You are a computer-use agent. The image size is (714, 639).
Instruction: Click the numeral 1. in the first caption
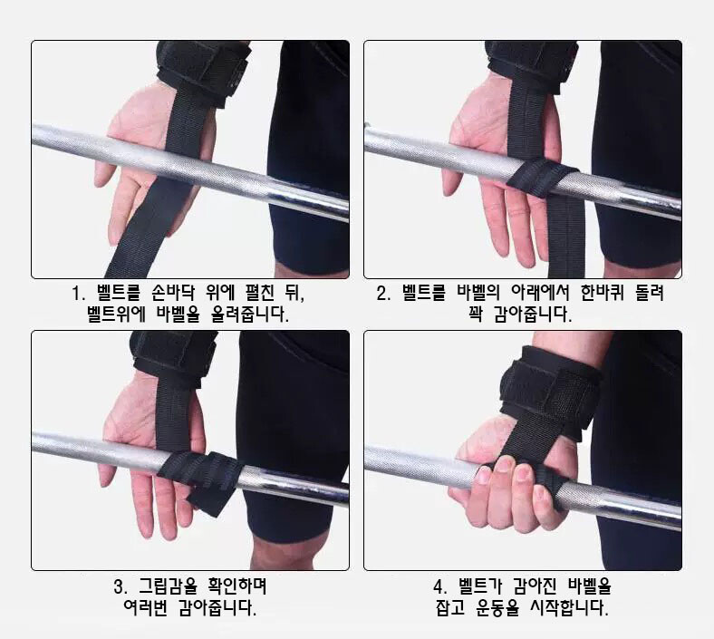79,294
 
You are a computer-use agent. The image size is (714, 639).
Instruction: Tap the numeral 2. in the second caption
383,294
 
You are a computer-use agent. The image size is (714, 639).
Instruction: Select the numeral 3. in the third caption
121,586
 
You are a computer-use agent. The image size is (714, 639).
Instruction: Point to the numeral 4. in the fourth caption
440,586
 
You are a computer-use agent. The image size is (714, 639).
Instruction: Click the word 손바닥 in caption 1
173,293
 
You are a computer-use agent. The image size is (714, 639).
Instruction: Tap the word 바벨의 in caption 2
478,293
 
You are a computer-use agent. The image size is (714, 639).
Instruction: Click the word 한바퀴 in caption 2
603,293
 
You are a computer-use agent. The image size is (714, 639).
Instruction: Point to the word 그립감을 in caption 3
168,586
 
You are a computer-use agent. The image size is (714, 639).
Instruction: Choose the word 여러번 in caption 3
145,607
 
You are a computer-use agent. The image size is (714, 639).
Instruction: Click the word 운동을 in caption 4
497,607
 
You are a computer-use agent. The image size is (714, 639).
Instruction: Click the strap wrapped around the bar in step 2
542,177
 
